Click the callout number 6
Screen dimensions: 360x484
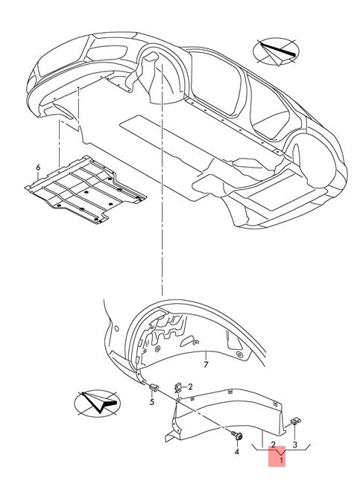[x=38, y=168]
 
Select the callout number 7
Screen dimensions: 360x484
[x=206, y=365]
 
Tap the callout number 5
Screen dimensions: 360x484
[x=152, y=402]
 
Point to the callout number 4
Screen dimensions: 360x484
[x=237, y=451]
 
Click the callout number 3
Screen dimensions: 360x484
[x=294, y=445]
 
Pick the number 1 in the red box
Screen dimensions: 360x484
[x=281, y=460]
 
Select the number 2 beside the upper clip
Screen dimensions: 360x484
[x=190, y=386]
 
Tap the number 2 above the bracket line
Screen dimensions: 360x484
[x=273, y=445]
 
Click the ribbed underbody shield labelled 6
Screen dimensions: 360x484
[x=85, y=190]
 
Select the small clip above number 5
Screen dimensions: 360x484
[x=154, y=386]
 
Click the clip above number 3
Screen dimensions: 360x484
[x=296, y=421]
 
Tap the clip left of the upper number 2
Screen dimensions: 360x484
[x=178, y=387]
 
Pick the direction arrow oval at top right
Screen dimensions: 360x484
[x=276, y=51]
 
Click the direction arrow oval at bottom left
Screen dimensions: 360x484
[x=98, y=403]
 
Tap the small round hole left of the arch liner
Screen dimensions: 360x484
[x=116, y=328]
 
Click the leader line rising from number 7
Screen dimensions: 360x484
[x=206, y=356]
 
